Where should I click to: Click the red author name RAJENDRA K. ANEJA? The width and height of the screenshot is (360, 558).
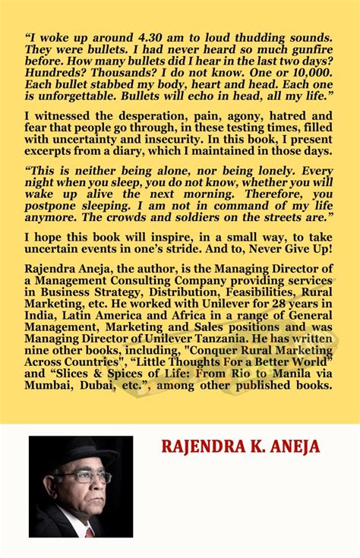(x=239, y=446)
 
